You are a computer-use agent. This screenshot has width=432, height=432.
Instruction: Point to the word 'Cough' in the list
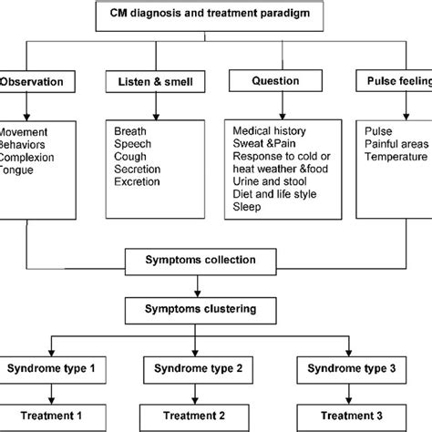pyautogui.click(x=130, y=155)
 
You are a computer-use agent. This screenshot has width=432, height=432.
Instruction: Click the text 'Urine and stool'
pyautogui.click(x=272, y=181)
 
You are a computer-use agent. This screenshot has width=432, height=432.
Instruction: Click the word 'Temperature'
pyautogui.click(x=396, y=155)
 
